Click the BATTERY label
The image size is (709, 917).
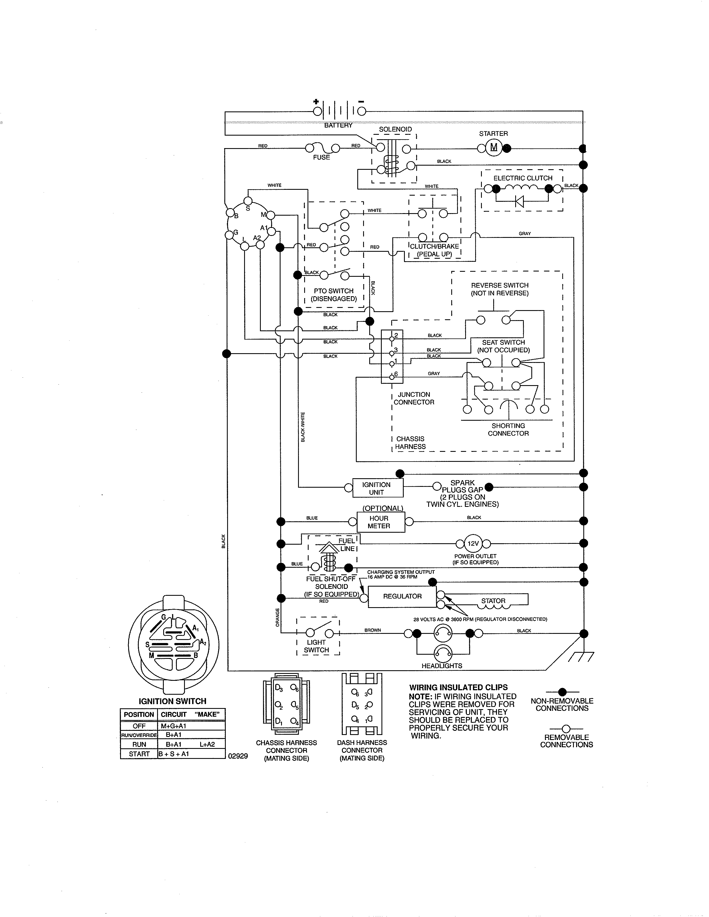point(338,125)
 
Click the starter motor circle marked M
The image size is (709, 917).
point(494,147)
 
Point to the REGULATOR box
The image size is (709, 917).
point(402,596)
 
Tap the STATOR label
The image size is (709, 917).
point(493,600)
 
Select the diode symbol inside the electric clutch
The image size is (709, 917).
point(520,201)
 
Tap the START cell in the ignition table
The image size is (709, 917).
point(139,754)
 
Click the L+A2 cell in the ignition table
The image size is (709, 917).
point(207,744)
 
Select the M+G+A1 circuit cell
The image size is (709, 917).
point(173,726)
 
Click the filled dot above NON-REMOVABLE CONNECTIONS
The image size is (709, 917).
point(562,692)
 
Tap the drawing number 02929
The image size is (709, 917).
point(238,756)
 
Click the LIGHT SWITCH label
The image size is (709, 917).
point(316,646)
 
